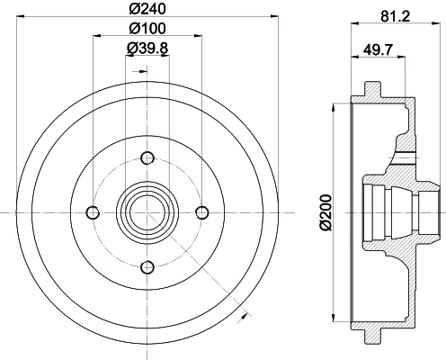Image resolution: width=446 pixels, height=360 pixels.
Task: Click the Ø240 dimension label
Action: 147,8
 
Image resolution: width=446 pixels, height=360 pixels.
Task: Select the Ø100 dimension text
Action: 147,29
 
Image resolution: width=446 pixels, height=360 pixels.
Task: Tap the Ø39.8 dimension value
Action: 147,48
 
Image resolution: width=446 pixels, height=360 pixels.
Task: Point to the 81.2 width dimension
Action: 396,16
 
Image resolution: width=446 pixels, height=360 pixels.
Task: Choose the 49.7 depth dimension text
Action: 378,49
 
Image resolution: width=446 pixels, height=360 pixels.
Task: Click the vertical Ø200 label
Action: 326,212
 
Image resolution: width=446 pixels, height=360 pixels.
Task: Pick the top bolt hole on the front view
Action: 147,158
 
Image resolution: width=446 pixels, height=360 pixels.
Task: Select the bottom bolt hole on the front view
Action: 147,267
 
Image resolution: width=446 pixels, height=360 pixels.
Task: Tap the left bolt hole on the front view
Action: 93,212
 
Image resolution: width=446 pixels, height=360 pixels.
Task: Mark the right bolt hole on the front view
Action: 201,212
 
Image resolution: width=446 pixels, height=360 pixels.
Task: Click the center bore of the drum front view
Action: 147,212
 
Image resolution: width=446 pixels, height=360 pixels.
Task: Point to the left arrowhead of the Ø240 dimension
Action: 20,17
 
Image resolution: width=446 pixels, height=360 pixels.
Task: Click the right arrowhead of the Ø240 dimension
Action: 274,17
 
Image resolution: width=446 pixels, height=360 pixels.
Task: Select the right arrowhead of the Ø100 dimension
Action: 198,36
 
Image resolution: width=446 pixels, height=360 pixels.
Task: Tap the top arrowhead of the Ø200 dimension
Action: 333,107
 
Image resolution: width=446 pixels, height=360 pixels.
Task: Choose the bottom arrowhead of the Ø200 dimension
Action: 333,318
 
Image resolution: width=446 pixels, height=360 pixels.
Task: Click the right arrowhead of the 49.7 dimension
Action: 402,56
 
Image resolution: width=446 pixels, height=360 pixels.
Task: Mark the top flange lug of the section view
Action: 373,89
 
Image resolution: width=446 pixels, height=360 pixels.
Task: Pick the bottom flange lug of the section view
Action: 373,337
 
